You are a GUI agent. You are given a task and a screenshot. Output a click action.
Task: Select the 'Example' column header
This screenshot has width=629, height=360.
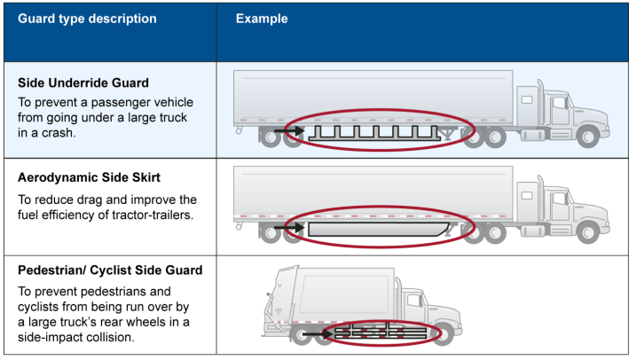click(x=262, y=19)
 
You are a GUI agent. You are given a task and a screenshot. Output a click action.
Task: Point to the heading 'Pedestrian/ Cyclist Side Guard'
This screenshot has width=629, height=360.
click(x=110, y=270)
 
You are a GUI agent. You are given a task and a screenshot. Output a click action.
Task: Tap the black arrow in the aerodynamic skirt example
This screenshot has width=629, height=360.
click(x=287, y=229)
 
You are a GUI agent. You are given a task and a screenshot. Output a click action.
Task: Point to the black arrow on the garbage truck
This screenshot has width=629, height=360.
click(x=320, y=333)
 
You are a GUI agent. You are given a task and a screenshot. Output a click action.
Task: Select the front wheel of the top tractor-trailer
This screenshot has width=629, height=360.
click(x=588, y=137)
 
